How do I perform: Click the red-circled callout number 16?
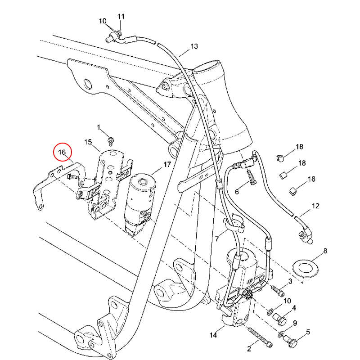[62, 152]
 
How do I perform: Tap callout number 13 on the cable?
[194, 46]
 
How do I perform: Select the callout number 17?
[167, 164]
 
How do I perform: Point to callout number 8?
[325, 251]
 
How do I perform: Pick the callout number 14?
[213, 335]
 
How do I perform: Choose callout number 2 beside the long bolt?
[249, 349]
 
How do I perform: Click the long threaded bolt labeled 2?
[260, 337]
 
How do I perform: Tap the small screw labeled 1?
[111, 141]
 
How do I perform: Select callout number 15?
[88, 142]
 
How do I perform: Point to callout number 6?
[237, 192]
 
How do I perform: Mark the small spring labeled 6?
[252, 177]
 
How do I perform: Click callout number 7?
[217, 239]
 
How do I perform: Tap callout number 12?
[315, 206]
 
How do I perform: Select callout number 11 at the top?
[121, 17]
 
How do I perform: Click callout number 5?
[308, 332]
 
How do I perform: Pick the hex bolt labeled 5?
[291, 341]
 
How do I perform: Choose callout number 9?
[295, 323]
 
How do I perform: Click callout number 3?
[290, 281]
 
